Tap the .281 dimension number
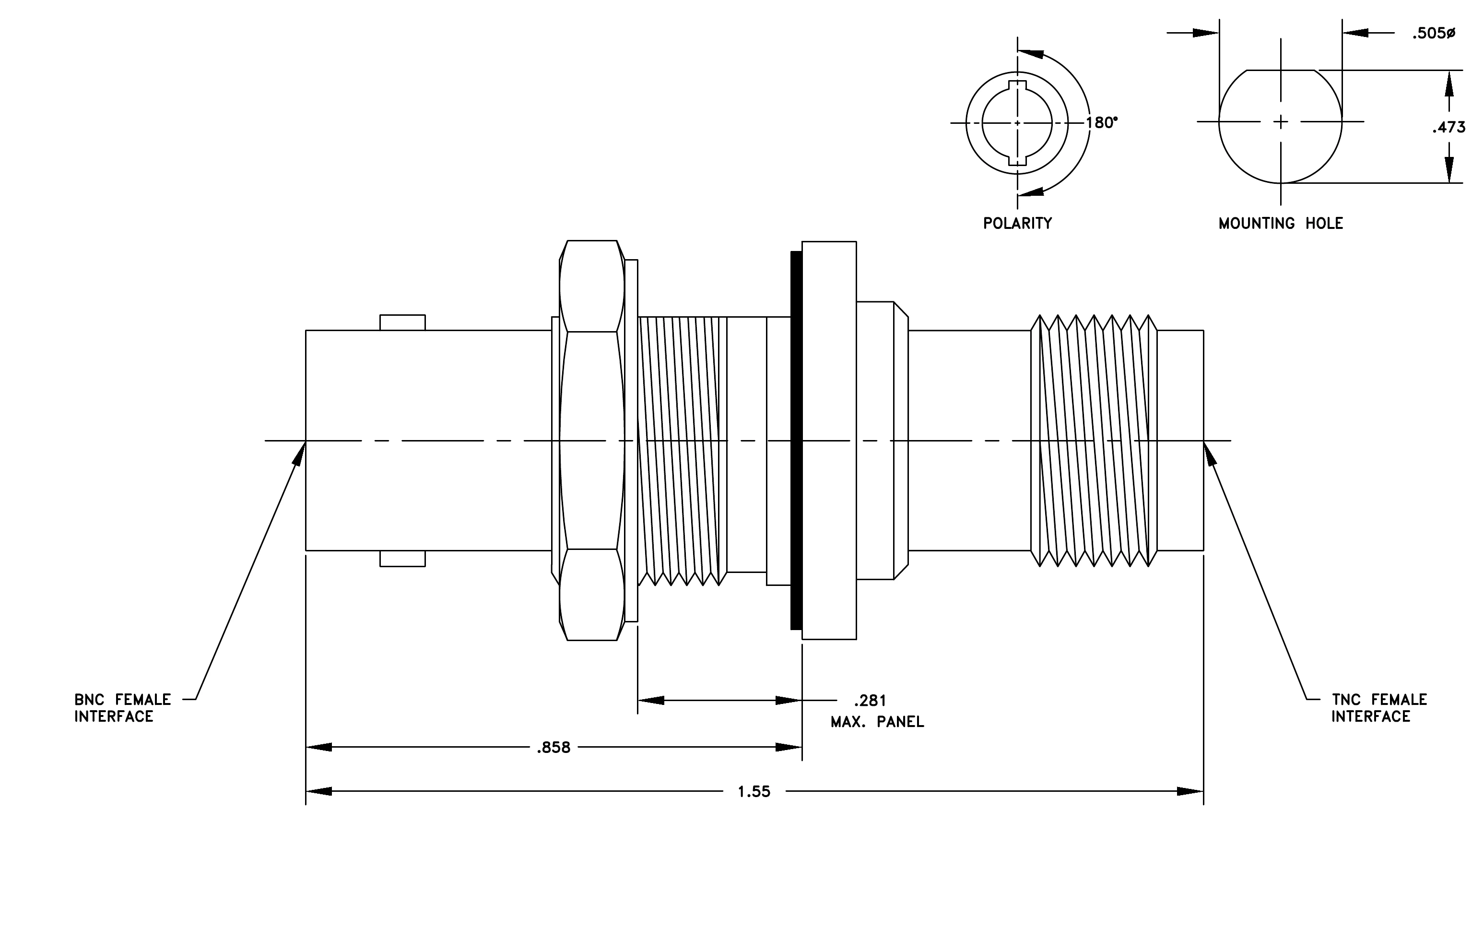pos(870,700)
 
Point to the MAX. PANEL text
pos(877,722)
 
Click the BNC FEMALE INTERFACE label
pos(123,708)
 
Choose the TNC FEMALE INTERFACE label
pos(1379,708)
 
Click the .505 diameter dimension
pos(1434,34)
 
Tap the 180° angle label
pos(1102,123)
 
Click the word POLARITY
pos(1018,223)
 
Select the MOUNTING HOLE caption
pos(1281,223)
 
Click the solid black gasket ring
pos(796,440)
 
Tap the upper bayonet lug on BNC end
pos(402,323)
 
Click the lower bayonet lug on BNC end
pos(402,558)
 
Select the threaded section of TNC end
pos(1094,440)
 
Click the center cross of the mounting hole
pos(1281,122)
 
